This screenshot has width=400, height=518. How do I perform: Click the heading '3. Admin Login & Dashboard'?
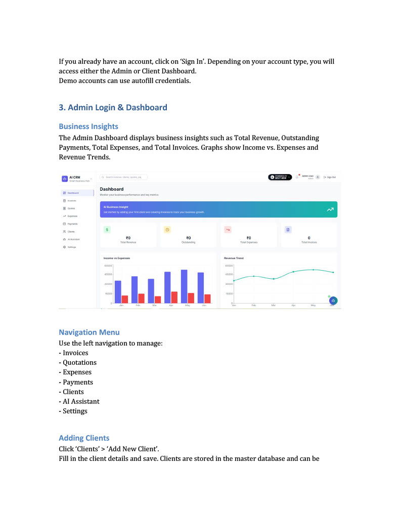coord(113,108)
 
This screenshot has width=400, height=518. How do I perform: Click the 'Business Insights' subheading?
coord(88,126)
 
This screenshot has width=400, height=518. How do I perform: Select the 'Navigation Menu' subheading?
coord(89,332)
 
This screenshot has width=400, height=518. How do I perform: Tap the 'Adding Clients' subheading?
coord(84,438)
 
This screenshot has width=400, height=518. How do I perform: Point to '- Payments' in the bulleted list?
coord(76,382)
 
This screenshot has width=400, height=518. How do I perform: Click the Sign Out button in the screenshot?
coord(330,177)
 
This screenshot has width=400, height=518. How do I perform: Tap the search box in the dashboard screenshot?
coord(124,177)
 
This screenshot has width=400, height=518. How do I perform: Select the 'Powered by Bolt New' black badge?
coord(280,177)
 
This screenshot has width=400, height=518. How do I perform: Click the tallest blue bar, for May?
coord(184,286)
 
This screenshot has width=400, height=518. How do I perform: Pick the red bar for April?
coord(174,297)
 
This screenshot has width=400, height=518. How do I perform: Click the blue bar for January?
coord(118,292)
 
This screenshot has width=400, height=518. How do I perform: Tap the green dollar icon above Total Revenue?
coord(107,230)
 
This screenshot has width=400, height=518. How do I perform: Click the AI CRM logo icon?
coord(64,179)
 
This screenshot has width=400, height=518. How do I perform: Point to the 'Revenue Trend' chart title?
coord(234,258)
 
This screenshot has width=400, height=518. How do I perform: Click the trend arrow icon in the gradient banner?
coord(330,209)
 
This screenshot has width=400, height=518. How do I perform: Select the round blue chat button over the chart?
coord(333,300)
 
